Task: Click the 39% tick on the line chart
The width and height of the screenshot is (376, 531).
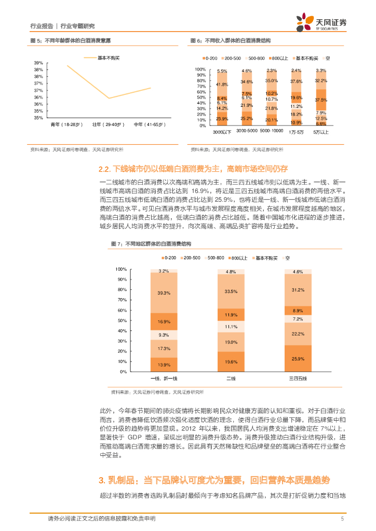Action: pyautogui.click(x=39, y=62)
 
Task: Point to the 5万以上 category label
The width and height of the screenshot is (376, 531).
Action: pyautogui.click(x=321, y=132)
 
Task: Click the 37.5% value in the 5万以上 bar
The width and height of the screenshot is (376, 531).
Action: pyautogui.click(x=321, y=100)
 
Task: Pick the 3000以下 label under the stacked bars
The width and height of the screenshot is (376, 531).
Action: pyautogui.click(x=222, y=132)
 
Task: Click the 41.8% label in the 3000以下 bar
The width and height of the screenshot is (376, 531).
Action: pyautogui.click(x=222, y=85)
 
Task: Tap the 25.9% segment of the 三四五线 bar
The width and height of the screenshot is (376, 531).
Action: pyautogui.click(x=298, y=358)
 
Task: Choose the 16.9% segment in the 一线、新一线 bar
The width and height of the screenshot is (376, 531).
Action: pyautogui.click(x=164, y=322)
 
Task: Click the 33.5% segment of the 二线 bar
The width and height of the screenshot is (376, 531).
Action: pyautogui.click(x=231, y=291)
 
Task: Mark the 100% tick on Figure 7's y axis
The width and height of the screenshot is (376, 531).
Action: pyautogui.click(x=121, y=269)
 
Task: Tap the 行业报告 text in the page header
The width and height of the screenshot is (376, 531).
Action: pyautogui.click(x=42, y=26)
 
